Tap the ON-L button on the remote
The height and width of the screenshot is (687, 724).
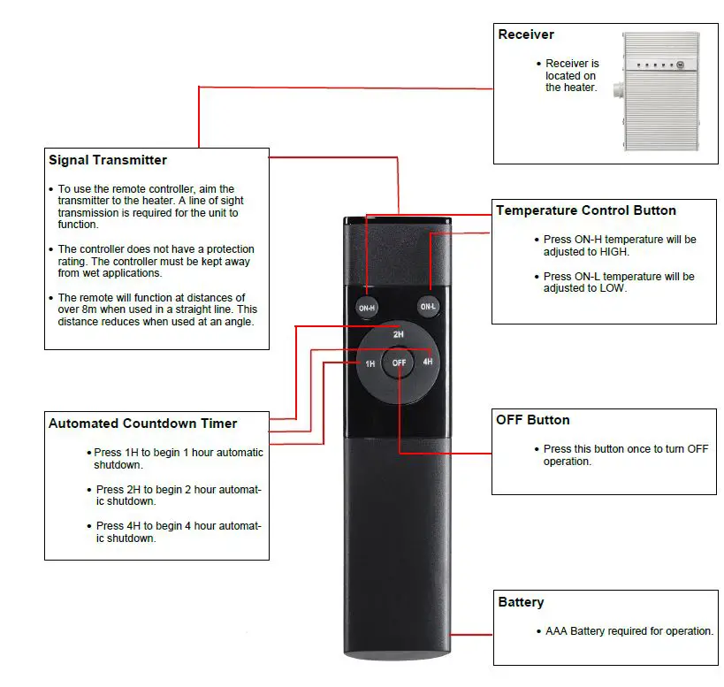click(429, 307)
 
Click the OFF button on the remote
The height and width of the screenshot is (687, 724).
click(400, 363)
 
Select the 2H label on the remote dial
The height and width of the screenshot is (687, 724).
click(399, 336)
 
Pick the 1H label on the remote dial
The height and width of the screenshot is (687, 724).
click(370, 363)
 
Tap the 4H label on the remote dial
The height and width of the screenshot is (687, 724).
click(428, 363)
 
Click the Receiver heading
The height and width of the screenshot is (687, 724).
click(526, 34)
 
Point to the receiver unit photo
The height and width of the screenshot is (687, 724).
click(661, 91)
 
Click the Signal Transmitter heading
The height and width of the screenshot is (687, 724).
click(107, 160)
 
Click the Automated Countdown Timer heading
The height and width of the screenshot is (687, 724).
click(142, 424)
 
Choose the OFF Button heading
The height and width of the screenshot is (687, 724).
click(532, 419)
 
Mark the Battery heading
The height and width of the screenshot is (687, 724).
click(521, 602)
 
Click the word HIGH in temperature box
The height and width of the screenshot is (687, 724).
click(612, 251)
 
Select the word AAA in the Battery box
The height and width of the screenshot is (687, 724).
click(556, 631)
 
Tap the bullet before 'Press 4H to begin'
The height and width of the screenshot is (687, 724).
click(89, 526)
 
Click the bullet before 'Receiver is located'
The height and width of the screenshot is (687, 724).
click(538, 64)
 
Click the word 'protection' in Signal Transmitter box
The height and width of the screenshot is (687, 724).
click(225, 249)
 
